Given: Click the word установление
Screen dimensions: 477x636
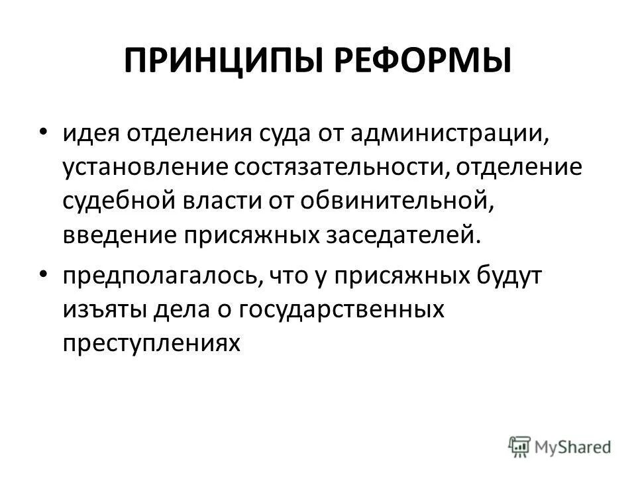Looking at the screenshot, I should point(145,168).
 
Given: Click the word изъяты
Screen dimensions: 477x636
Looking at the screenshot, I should point(103,309).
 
